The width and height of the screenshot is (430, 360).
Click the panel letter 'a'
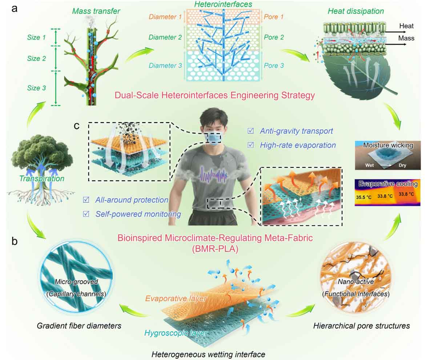(14, 9)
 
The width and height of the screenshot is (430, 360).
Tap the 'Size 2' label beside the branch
(36, 58)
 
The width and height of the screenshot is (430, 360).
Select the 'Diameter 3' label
(165, 65)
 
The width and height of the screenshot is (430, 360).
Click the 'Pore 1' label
(273, 17)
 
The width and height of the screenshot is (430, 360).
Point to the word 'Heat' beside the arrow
(406, 26)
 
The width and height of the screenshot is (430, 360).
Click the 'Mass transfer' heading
(96, 11)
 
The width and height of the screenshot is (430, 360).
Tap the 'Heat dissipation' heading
(356, 11)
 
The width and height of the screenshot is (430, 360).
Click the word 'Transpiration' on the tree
(42, 178)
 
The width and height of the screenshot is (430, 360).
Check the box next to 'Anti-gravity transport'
(250, 131)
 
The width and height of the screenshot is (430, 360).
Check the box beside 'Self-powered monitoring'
(86, 214)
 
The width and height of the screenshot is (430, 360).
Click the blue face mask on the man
(214, 138)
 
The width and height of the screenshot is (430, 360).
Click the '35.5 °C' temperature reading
(363, 197)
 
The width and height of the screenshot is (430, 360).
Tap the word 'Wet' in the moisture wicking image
(369, 165)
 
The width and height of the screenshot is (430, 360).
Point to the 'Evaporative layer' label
(176, 298)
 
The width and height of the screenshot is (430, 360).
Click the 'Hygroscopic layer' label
(176, 333)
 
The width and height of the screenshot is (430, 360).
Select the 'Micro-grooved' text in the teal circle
(76, 282)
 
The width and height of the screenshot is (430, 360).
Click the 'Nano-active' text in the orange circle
(356, 282)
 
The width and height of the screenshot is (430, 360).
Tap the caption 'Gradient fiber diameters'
(79, 326)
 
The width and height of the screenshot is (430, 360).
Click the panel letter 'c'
(76, 125)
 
